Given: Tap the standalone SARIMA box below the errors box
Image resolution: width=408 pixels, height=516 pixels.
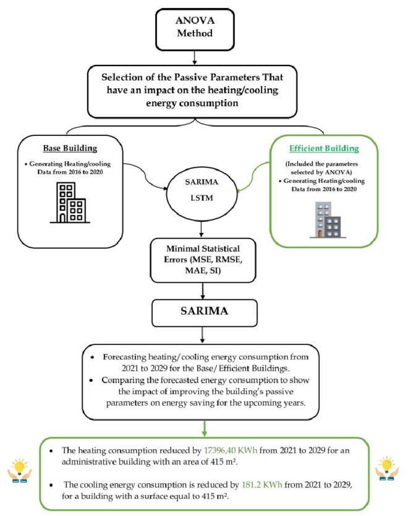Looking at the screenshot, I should (x=195, y=311).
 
